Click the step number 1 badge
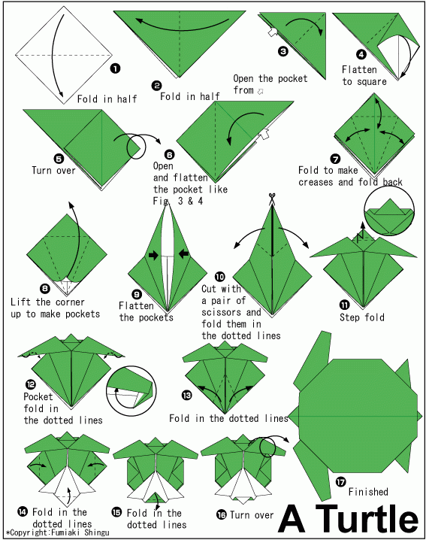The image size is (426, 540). click(x=115, y=68)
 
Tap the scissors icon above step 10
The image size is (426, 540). click(x=272, y=199)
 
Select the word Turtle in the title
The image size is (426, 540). click(x=367, y=520)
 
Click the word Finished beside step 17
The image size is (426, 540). click(x=368, y=491)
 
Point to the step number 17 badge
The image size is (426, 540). click(x=340, y=481)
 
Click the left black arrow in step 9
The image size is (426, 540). click(x=153, y=255)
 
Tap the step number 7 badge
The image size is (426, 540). click(x=335, y=159)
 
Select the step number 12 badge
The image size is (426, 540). click(x=31, y=384)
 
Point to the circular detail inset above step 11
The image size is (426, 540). click(x=389, y=211)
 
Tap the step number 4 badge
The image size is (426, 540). click(x=361, y=54)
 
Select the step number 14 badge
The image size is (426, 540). click(x=23, y=511)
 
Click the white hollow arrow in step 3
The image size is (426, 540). click(x=273, y=32)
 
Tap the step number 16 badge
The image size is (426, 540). click(x=221, y=514)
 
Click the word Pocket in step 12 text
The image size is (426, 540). click(x=38, y=397)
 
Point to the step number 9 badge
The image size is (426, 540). click(x=137, y=294)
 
